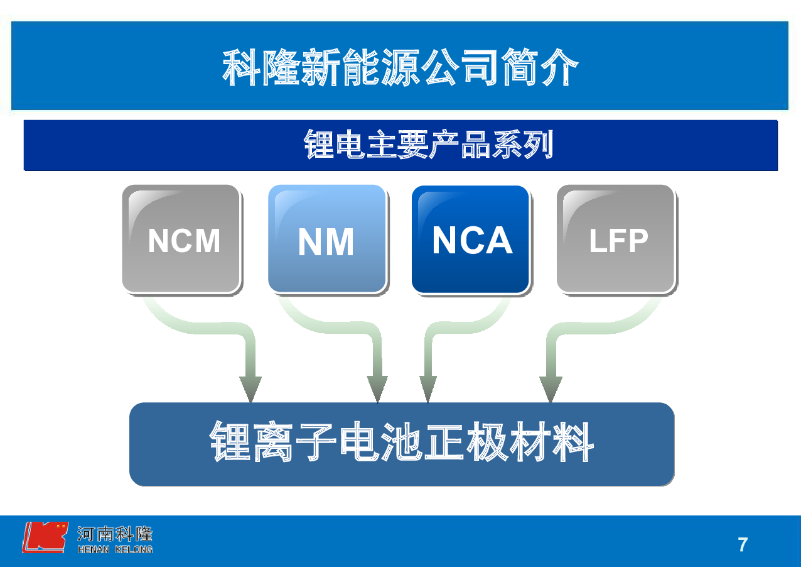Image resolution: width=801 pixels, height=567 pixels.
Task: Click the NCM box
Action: tap(181, 239)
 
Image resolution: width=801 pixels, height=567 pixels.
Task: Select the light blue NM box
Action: tap(327, 239)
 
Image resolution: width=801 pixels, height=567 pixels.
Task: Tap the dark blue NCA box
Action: tap(471, 239)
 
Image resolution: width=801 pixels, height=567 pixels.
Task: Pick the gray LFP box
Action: tap(616, 239)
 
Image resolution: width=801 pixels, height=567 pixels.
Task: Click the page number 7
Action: tap(743, 545)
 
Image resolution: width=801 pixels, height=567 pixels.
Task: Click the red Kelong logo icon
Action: tap(45, 537)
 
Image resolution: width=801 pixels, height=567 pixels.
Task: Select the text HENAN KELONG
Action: tap(115, 549)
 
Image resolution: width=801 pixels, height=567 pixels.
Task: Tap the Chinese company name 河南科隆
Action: tap(115, 534)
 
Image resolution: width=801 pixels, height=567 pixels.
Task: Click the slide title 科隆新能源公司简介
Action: tap(400, 67)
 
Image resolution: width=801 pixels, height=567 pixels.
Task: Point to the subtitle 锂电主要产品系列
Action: tap(428, 144)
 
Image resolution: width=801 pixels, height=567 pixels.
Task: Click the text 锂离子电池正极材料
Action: tap(401, 441)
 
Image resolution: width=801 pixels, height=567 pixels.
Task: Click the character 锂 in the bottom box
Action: tap(230, 441)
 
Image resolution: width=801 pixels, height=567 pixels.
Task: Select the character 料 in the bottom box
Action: tap(573, 441)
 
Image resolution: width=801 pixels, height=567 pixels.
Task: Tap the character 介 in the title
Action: tap(559, 67)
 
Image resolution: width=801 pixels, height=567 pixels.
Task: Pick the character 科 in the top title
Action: tap(241, 67)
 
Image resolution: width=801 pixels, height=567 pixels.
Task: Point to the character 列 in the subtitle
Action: tap(539, 144)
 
